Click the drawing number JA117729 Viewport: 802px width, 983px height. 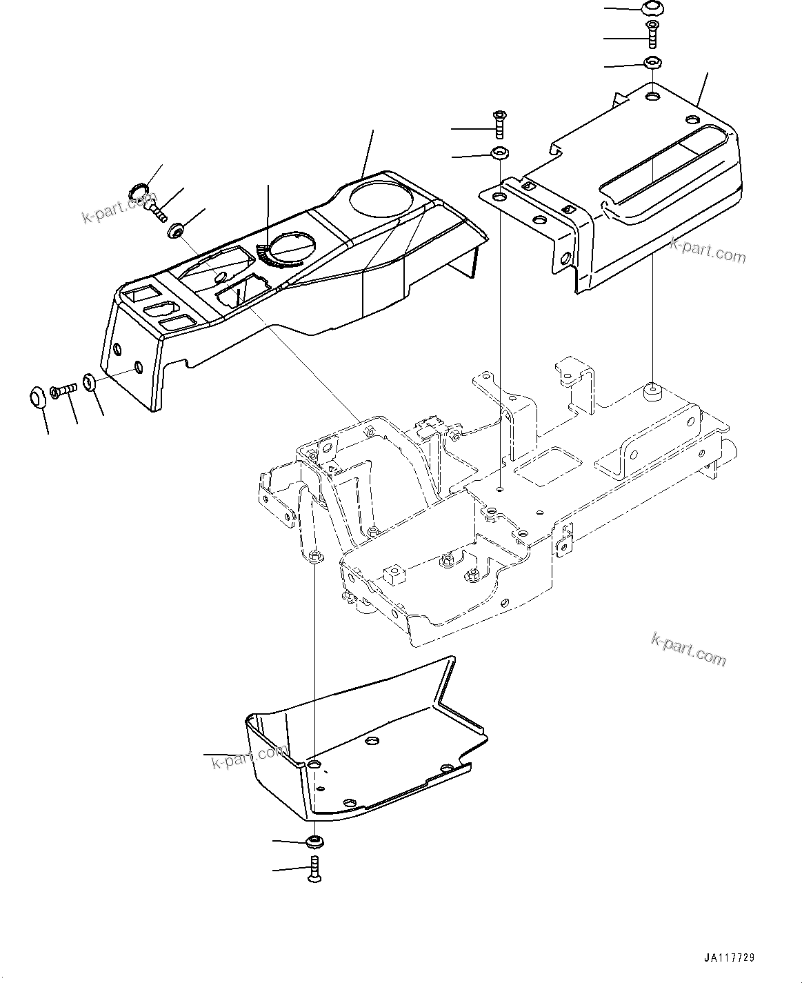pyautogui.click(x=729, y=958)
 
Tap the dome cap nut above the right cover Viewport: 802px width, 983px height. pyautogui.click(x=652, y=9)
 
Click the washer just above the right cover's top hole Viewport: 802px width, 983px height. pyautogui.click(x=652, y=63)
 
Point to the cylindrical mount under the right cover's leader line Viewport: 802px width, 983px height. pyautogui.click(x=652, y=392)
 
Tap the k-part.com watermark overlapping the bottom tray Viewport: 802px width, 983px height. pyautogui.click(x=249, y=758)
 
